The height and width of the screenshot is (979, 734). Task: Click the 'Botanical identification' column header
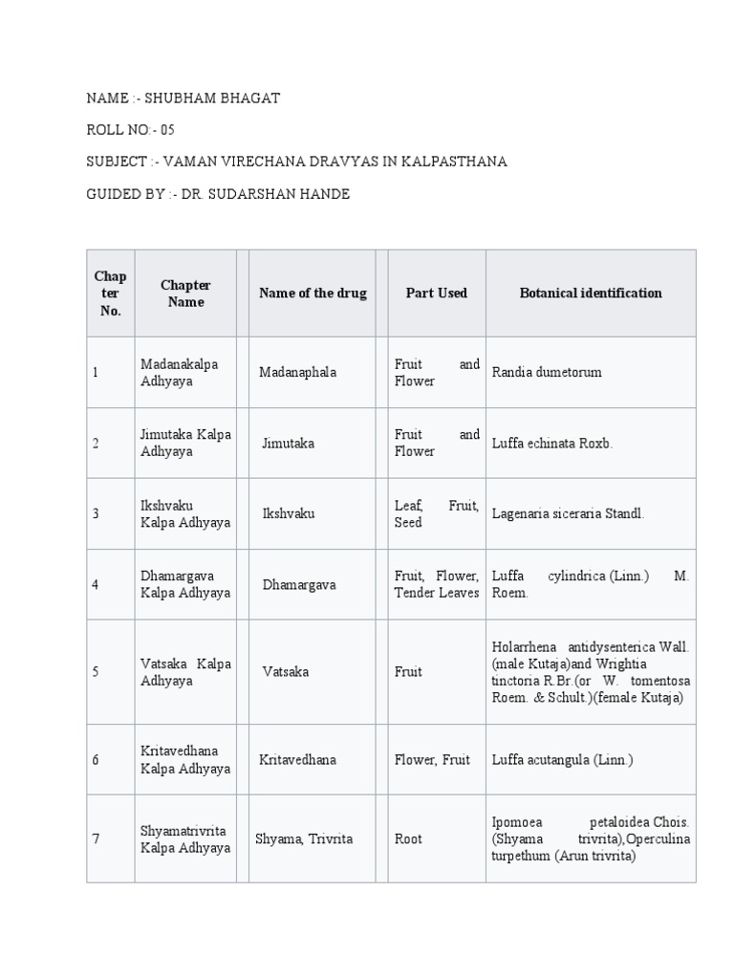(x=591, y=294)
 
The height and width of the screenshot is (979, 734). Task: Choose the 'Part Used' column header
(x=436, y=294)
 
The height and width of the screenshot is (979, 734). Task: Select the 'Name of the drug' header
(x=313, y=294)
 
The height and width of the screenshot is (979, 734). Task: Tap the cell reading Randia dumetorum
(x=547, y=372)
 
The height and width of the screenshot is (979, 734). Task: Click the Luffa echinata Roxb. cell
(x=552, y=444)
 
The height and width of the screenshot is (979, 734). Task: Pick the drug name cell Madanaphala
(x=297, y=372)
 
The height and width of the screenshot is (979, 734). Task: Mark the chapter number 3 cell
(x=96, y=514)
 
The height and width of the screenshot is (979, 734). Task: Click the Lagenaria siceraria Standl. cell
(x=568, y=514)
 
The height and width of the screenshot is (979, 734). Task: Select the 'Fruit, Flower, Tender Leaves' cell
(x=437, y=584)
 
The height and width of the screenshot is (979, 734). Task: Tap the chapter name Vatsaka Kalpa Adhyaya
(x=185, y=672)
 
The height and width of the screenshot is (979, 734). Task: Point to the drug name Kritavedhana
(x=298, y=760)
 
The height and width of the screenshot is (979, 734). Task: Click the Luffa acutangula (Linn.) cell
(x=562, y=760)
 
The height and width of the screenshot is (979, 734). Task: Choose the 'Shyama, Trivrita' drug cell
(x=304, y=838)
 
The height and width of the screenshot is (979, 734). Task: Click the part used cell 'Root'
(x=408, y=838)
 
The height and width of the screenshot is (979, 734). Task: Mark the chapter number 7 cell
(x=96, y=838)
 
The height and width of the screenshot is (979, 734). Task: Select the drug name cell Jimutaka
(x=289, y=444)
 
